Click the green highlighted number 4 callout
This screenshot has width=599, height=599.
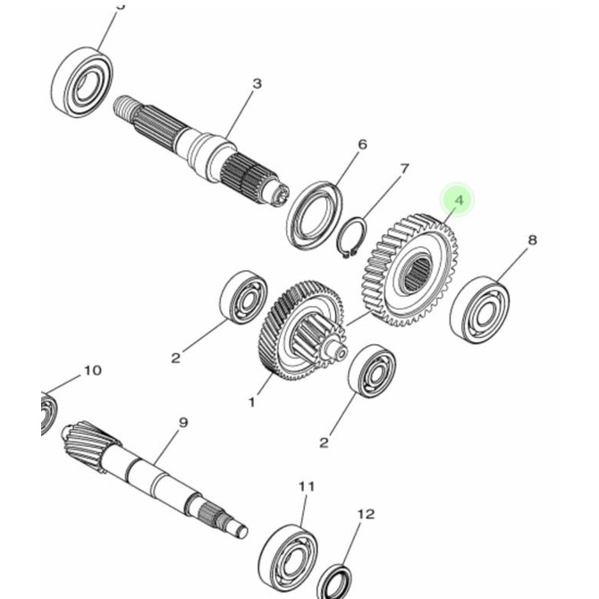tap(459, 201)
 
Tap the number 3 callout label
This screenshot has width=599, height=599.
tap(257, 84)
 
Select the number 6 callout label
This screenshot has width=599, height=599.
tap(362, 144)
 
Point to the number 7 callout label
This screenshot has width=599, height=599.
tap(404, 169)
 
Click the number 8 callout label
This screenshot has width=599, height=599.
tap(532, 240)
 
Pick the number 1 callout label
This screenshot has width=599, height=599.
tap(251, 402)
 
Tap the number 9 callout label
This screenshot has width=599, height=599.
tap(182, 423)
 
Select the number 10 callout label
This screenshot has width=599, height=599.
tap(93, 370)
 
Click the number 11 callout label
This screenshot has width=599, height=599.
tap(307, 486)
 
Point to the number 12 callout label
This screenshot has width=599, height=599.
tap(365, 514)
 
